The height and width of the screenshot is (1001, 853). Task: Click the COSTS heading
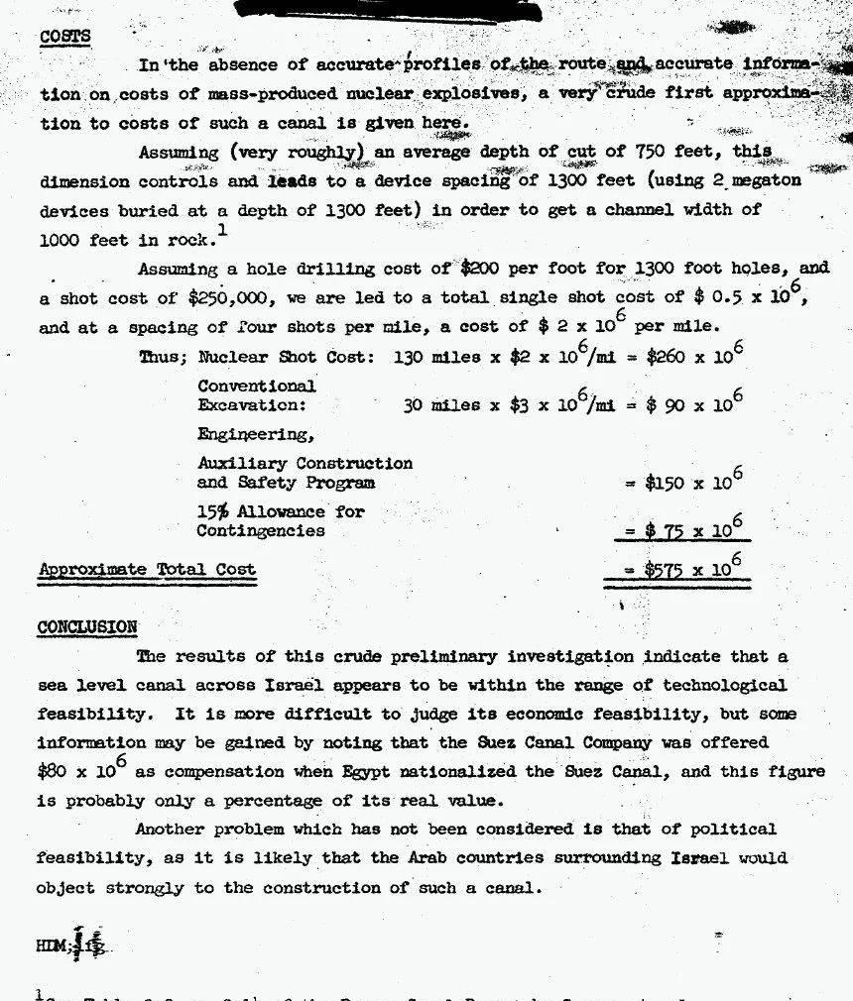pyautogui.click(x=64, y=37)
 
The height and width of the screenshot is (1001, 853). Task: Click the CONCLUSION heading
pyautogui.click(x=87, y=627)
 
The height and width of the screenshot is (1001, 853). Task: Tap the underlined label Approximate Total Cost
pyautogui.click(x=147, y=570)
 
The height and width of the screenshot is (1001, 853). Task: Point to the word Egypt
pyautogui.click(x=317, y=772)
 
